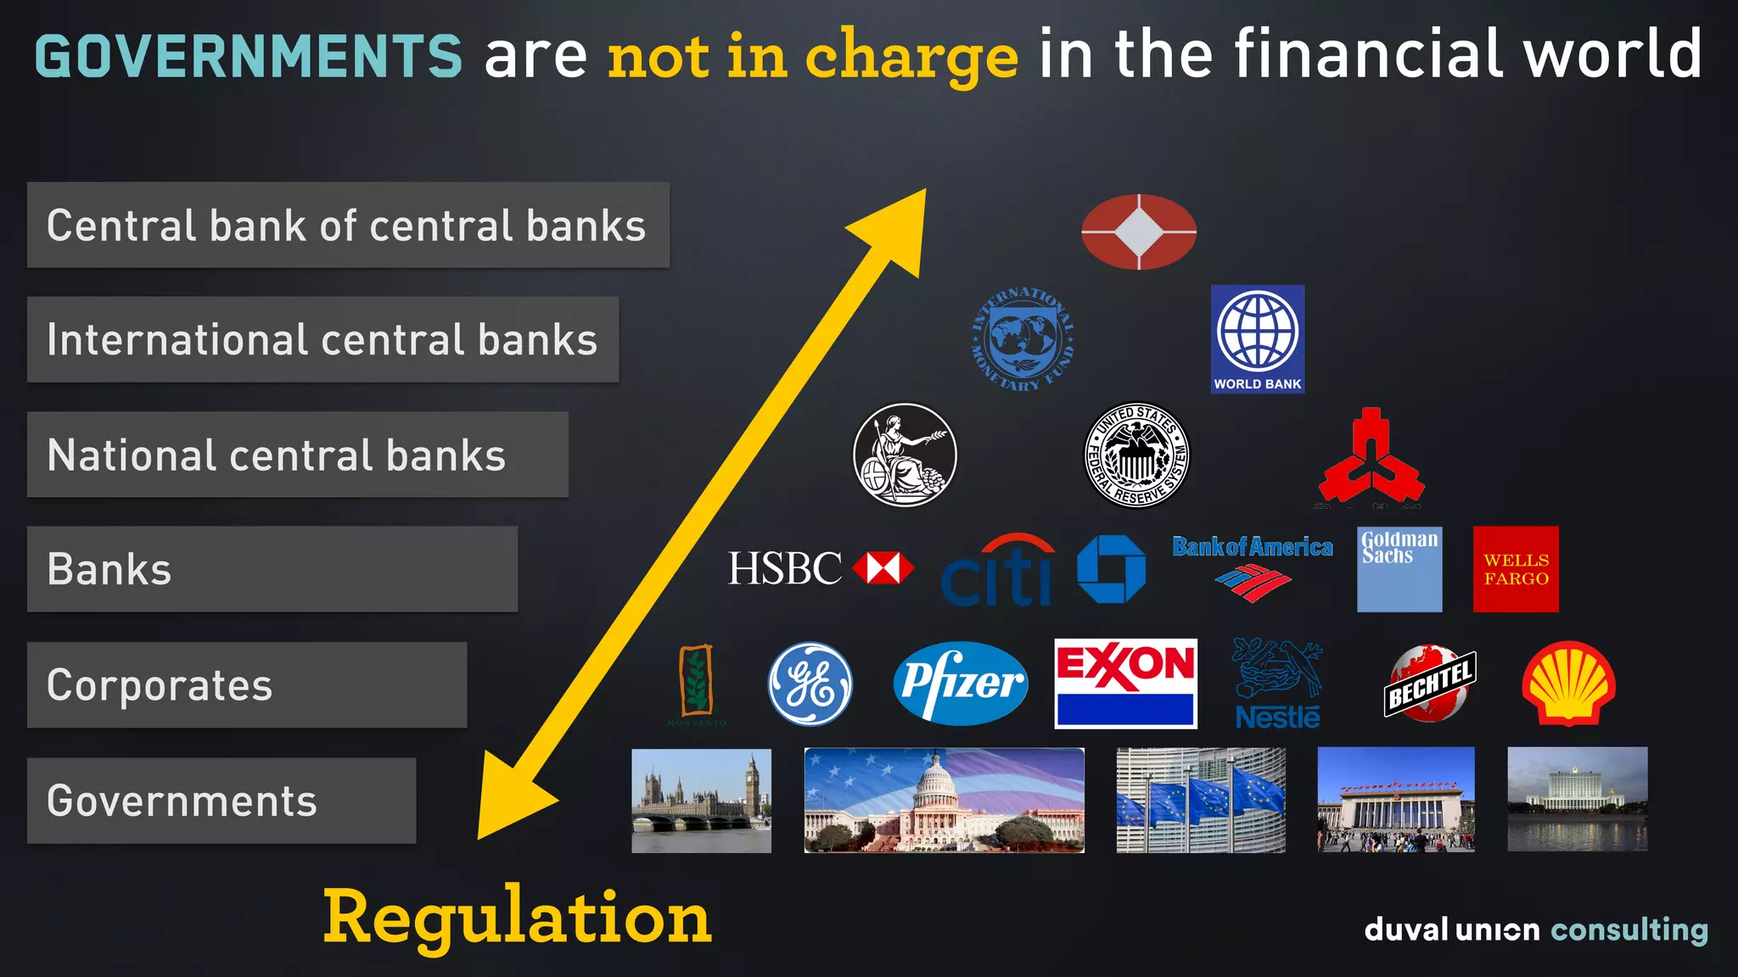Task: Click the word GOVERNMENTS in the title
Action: (248, 56)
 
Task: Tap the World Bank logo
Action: (1257, 338)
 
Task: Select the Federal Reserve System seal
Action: (1137, 455)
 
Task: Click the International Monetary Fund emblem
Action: (1023, 338)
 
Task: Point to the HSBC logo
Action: (820, 568)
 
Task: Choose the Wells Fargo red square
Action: (1516, 569)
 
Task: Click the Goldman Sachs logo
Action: (1399, 569)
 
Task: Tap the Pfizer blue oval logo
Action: (960, 684)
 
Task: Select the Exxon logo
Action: (1125, 684)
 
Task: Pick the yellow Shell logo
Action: (1568, 684)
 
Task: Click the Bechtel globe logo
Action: (1429, 684)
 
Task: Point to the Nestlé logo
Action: (1277, 684)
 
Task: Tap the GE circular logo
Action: (810, 684)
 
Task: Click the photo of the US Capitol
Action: (944, 800)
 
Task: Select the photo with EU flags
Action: (1200, 800)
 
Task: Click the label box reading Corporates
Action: (246, 684)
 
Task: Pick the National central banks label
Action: (297, 455)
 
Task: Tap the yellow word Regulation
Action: (517, 918)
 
